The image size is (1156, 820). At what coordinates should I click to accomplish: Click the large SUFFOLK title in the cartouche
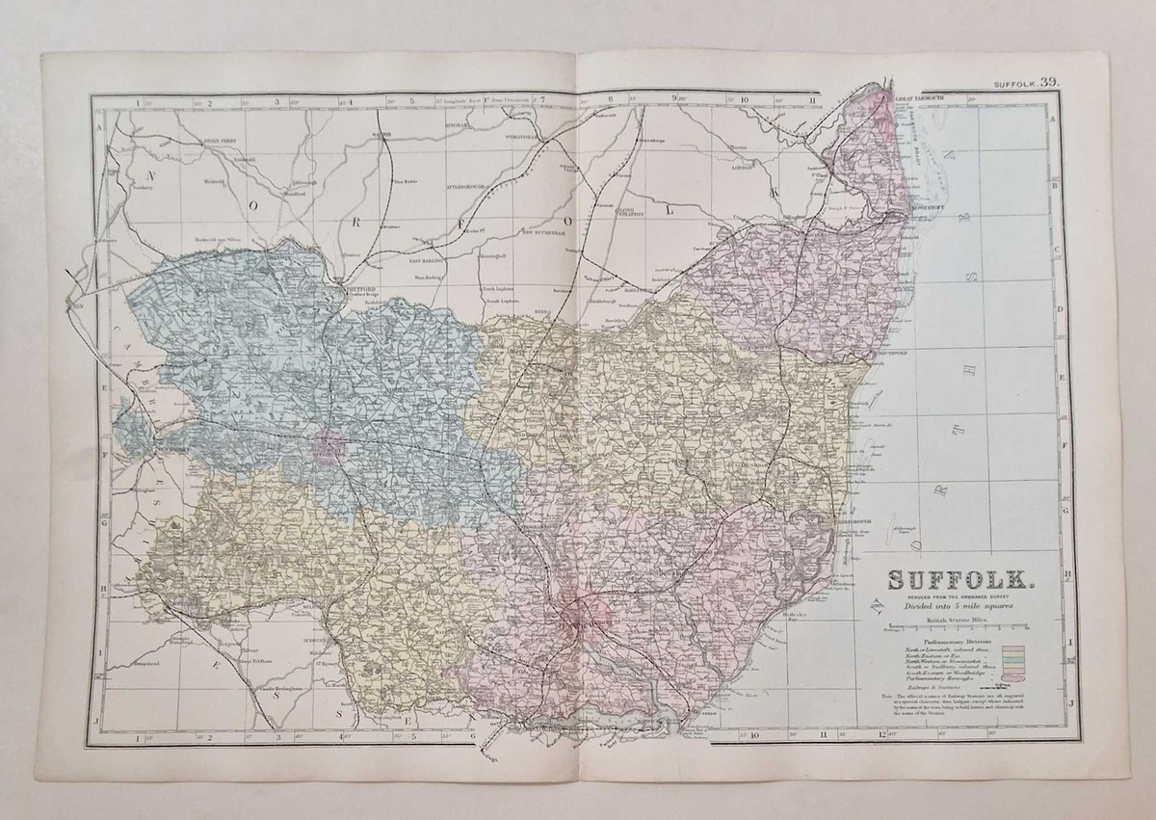[960, 582]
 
